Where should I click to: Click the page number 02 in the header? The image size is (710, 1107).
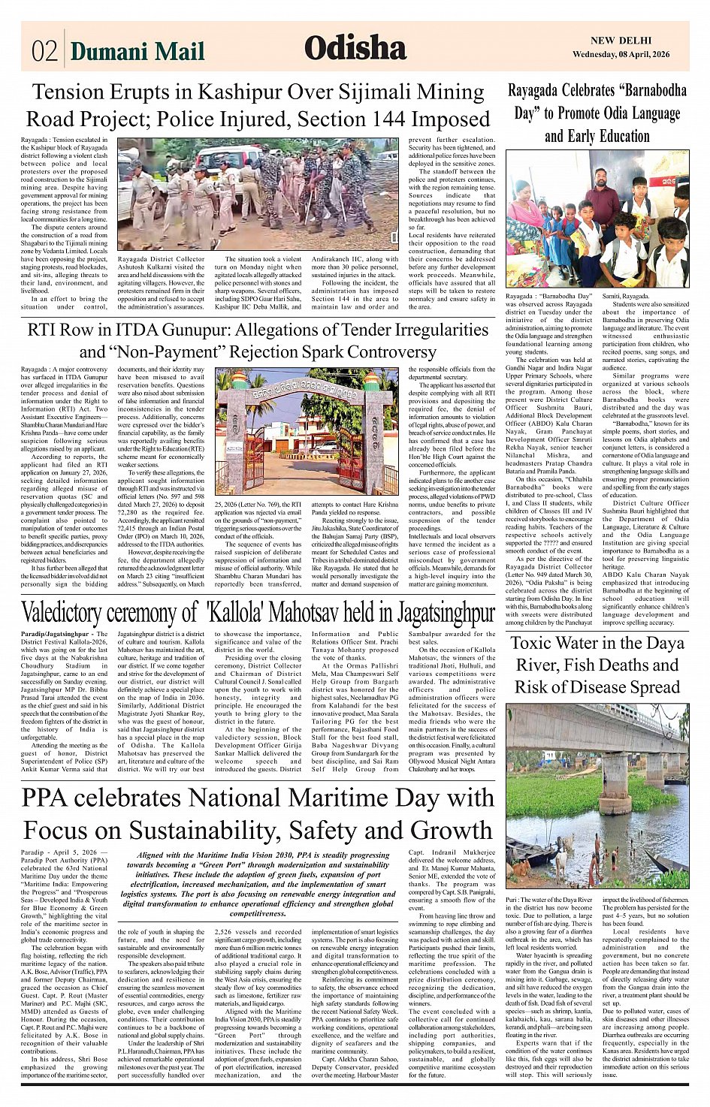(x=44, y=51)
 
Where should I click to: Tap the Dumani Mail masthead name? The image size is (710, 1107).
(x=137, y=51)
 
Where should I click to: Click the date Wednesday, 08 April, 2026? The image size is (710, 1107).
(x=630, y=54)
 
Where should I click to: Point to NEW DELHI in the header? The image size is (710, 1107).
(x=621, y=41)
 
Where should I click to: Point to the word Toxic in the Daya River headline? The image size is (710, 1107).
(x=538, y=644)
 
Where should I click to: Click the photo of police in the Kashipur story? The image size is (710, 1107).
(x=258, y=195)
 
